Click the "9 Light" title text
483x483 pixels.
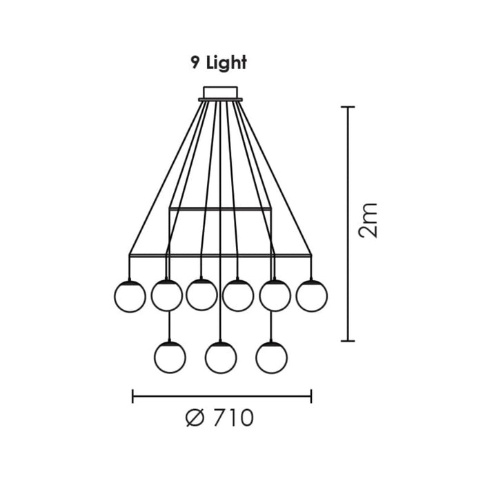coord(219,62)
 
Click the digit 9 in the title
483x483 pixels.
coord(196,62)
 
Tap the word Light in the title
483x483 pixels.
coord(226,62)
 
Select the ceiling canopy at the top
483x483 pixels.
coord(220,92)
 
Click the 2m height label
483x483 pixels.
coord(370,220)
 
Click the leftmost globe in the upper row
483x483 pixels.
coord(129,296)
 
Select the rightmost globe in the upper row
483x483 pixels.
coord(312,296)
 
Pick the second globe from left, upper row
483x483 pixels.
coord(166,296)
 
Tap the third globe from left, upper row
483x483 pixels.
coord(201,294)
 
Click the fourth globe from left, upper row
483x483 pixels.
coord(238,295)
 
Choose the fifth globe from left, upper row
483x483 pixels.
coord(275,296)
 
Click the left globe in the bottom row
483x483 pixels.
coord(170,357)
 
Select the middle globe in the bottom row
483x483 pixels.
coord(221,357)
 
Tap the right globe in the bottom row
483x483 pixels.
coord(271,357)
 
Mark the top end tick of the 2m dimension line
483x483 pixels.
coord(348,108)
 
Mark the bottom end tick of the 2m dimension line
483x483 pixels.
coord(348,341)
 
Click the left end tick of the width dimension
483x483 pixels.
coord(132,396)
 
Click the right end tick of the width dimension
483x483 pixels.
coord(311,396)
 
